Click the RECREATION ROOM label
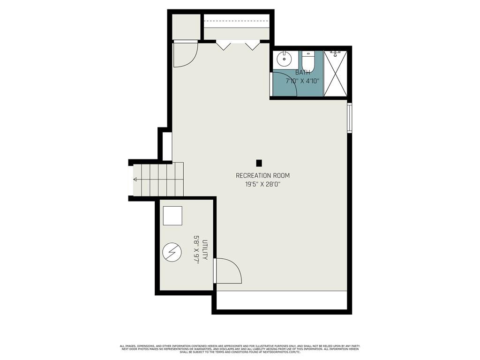262,175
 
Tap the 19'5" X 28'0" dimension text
262,184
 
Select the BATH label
302,73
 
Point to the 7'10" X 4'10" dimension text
302,81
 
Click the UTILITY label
205,249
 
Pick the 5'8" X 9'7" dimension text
196,249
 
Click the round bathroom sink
284,59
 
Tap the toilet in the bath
307,61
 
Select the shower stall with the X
336,74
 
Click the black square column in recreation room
259,163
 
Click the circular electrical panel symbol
172,252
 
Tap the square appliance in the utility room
172,216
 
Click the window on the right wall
349,118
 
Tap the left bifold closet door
223,45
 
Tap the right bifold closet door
253,45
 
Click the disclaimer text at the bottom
240,349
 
